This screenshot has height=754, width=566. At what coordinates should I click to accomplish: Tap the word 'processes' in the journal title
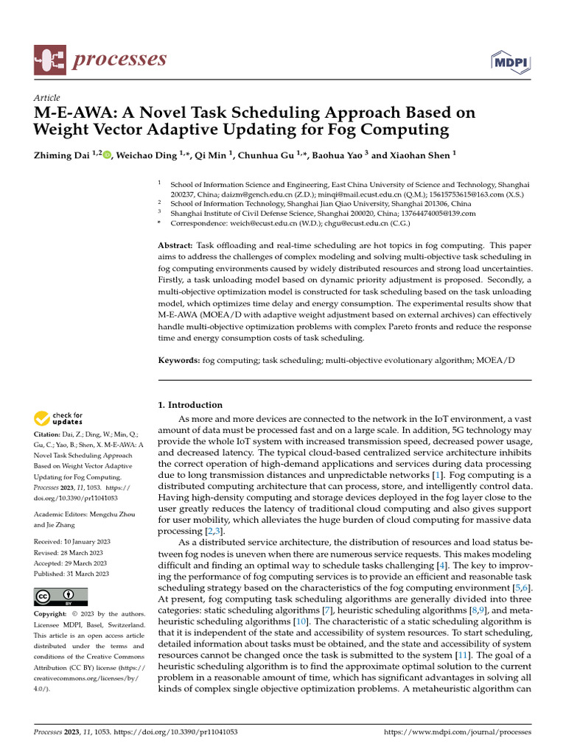pyautogui.click(x=119, y=60)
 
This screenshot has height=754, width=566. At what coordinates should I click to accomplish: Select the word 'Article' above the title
pyautogui.click(x=47, y=98)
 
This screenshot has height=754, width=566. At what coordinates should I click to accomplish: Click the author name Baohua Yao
pyautogui.click(x=343, y=155)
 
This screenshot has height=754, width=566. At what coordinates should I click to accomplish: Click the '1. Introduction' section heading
pyautogui.click(x=191, y=405)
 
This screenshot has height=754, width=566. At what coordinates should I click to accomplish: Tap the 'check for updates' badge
pyautogui.click(x=59, y=419)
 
